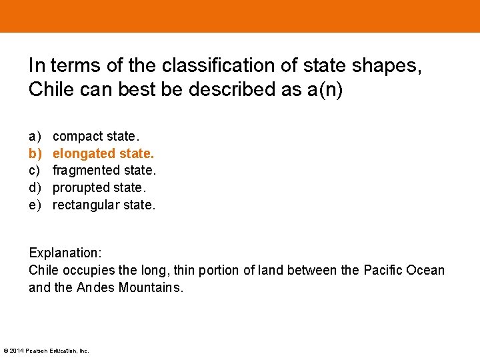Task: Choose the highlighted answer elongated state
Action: click(x=103, y=153)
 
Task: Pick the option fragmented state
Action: click(x=104, y=171)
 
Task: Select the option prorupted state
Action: click(x=99, y=188)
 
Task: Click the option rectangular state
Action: click(x=103, y=205)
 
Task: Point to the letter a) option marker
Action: click(x=35, y=136)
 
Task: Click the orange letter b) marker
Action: click(x=35, y=153)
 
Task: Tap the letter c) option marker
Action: click(x=35, y=171)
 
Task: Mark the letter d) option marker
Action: click(x=35, y=188)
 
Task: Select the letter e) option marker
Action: click(x=35, y=205)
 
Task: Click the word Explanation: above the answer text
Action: click(x=64, y=253)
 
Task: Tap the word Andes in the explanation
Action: click(x=96, y=287)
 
